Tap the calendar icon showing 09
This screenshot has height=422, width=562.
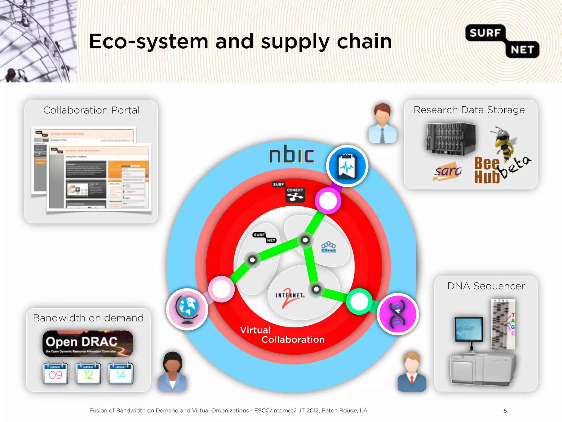pyautogui.click(x=55, y=373)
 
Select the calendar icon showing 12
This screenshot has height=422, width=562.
pyautogui.click(x=88, y=373)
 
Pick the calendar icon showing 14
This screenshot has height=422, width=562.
pyautogui.click(x=121, y=373)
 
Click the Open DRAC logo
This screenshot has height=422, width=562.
pyautogui.click(x=88, y=343)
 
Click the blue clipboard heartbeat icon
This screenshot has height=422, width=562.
pyautogui.click(x=347, y=166)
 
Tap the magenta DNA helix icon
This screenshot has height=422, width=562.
pyautogui.click(x=398, y=314)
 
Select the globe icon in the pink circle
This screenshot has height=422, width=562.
pyautogui.click(x=187, y=309)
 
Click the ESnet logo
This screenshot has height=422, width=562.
pyautogui.click(x=328, y=247)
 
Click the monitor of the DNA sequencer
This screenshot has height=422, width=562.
pyautogui.click(x=469, y=329)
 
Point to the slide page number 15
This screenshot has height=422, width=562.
pyautogui.click(x=504, y=411)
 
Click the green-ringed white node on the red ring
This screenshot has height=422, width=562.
pyautogui.click(x=359, y=302)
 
